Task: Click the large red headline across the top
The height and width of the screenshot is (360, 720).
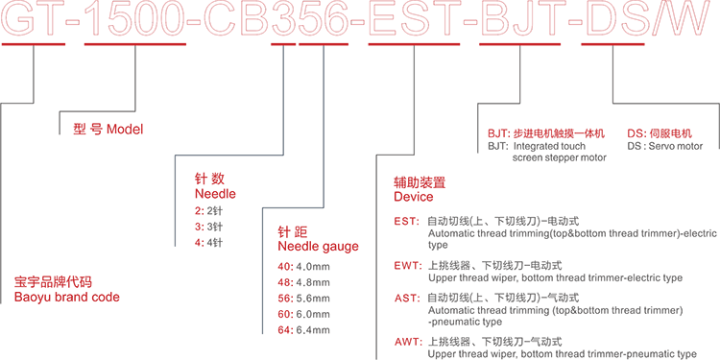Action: pos(360,21)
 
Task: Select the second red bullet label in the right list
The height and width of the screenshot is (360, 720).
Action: pos(409,269)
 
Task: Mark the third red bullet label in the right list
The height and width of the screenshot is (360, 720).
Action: pos(409,305)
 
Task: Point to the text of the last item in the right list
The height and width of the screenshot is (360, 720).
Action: pos(557,344)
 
